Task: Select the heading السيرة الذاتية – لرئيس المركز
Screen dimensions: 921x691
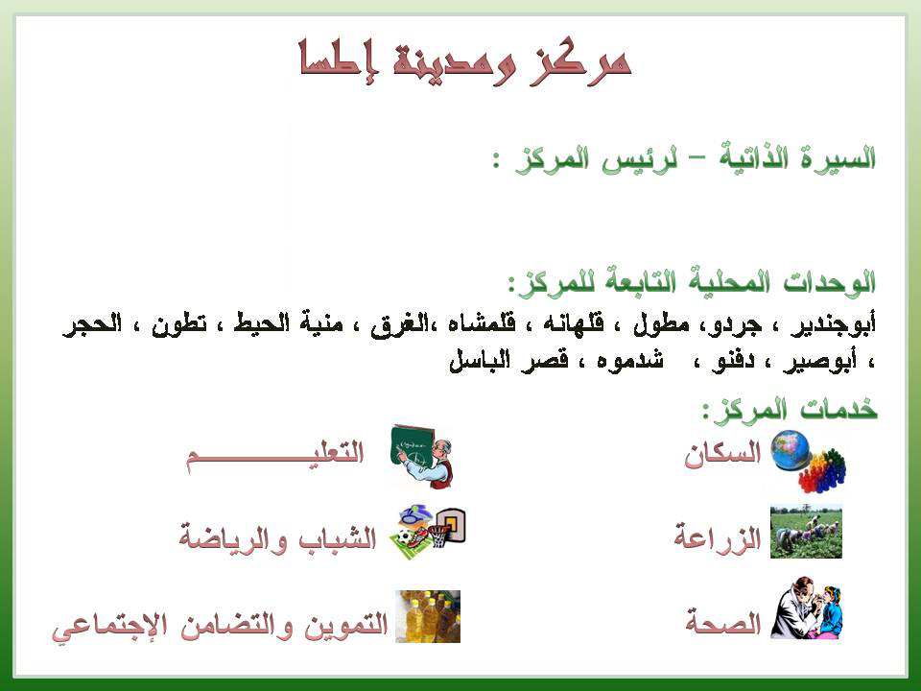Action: (x=684, y=158)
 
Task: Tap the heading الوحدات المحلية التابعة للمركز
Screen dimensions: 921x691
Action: (x=692, y=282)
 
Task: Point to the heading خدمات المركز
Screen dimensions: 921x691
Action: (x=790, y=409)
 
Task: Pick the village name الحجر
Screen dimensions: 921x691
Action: (x=92, y=323)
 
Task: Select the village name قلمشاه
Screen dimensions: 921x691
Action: (x=482, y=323)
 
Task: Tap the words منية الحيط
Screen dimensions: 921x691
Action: (x=289, y=323)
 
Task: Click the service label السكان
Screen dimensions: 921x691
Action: (x=722, y=455)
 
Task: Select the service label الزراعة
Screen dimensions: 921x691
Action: (x=718, y=536)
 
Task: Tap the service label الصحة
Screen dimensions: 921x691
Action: (x=723, y=622)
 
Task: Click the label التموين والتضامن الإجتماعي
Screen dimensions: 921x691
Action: (x=220, y=627)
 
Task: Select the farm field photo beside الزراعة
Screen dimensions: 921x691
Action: (x=806, y=532)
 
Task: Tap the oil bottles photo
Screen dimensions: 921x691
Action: (x=428, y=616)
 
